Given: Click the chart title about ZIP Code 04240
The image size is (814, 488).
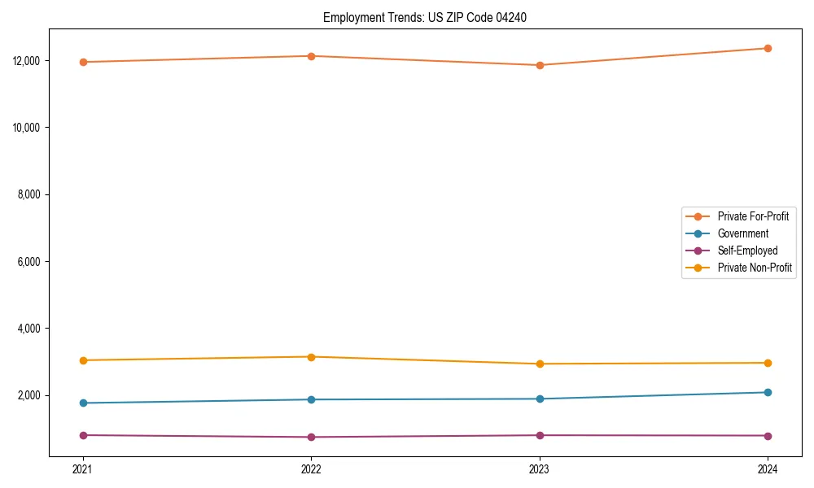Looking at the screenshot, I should point(425,17).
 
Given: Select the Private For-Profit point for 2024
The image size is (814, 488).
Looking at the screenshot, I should point(768,48).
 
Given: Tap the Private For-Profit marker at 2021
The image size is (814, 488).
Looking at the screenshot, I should point(83,62).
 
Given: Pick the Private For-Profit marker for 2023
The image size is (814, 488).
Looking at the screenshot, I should point(540,65).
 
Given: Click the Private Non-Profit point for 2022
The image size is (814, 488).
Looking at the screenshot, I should point(311,357).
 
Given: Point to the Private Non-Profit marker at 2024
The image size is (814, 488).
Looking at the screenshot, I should point(768,363).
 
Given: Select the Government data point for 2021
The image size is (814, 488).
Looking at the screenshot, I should point(83,403).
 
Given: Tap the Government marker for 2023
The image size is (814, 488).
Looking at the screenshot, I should point(540,399).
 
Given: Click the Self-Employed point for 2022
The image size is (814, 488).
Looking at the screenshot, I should point(311,437).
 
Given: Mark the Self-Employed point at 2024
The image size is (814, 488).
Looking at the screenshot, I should point(768,436).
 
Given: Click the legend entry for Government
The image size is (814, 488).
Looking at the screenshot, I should point(742,233).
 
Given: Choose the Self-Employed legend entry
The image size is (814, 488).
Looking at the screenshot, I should point(747,251).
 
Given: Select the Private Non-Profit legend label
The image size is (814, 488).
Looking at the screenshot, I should point(755,268).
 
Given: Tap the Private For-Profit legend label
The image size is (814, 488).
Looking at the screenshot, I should point(753,216).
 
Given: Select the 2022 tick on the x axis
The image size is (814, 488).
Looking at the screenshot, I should point(311,468).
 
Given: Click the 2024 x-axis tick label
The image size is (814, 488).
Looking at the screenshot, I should point(768,468).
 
